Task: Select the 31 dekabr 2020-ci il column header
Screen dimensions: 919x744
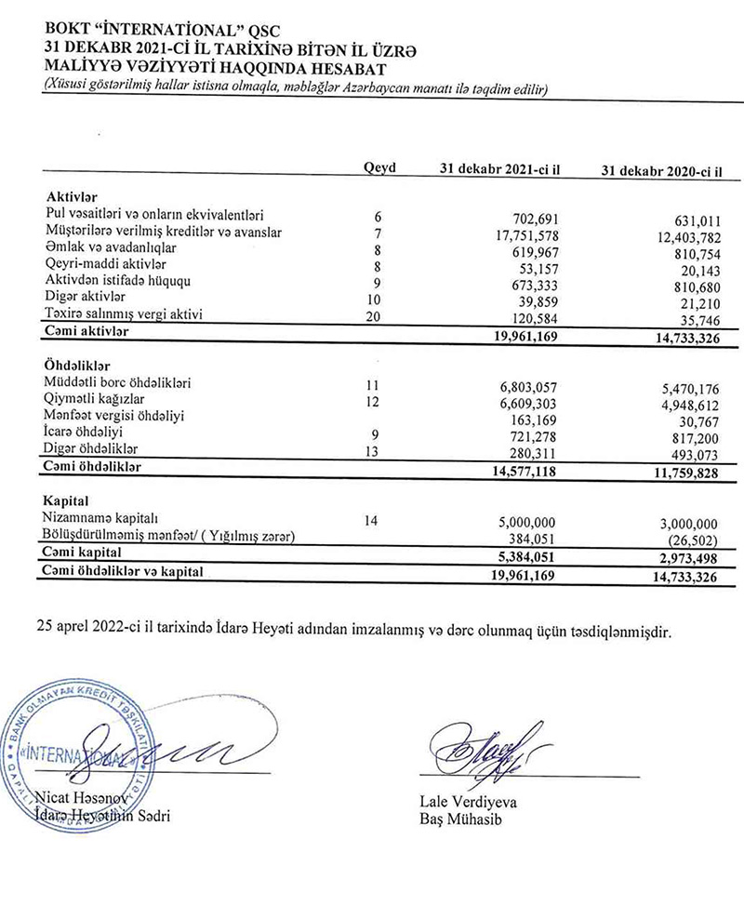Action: tap(662, 171)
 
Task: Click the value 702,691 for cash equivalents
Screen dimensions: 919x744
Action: tap(530, 217)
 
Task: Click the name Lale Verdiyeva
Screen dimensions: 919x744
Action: tap(461, 800)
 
